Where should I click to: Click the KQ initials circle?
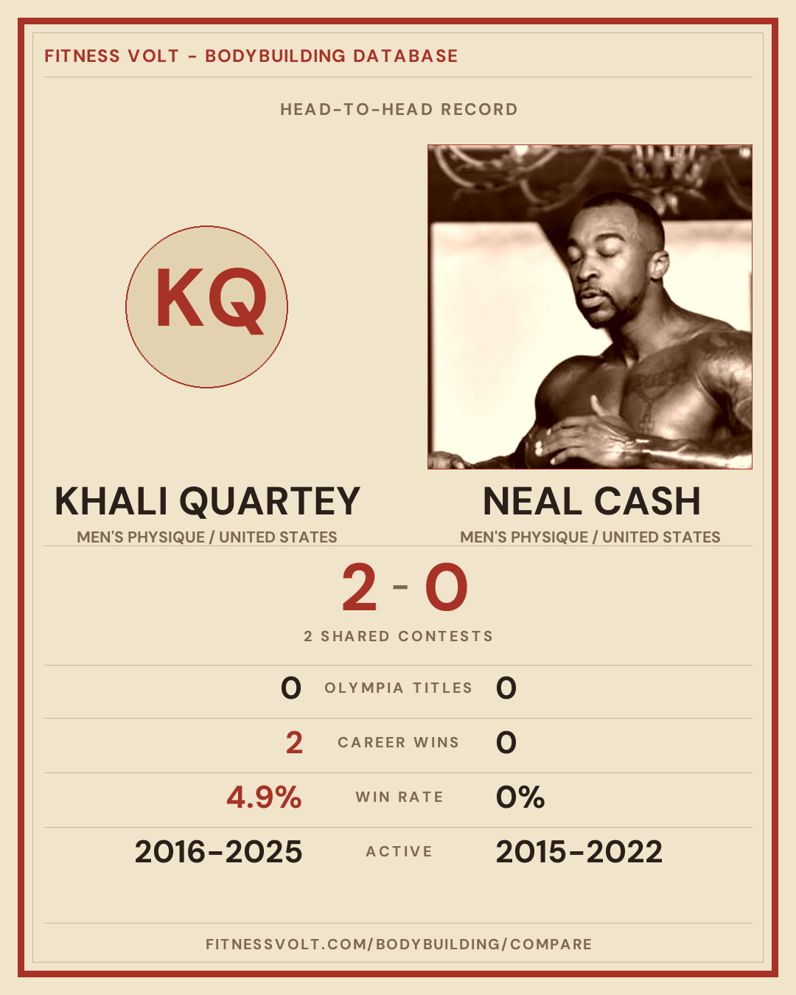pos(207,307)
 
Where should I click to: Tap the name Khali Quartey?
pos(207,502)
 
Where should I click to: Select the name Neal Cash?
pos(592,502)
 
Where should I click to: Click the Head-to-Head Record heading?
pos(399,110)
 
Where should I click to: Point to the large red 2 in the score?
pos(359,587)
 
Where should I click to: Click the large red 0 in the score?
pos(447,587)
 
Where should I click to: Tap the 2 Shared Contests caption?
pos(399,636)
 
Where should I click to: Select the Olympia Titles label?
pos(398,688)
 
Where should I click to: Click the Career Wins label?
pos(398,742)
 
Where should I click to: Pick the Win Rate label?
pos(399,797)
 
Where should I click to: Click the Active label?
pos(399,852)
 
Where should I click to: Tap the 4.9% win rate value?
pos(264,797)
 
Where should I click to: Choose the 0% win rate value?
pos(520,797)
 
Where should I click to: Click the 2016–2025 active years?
pos(218,852)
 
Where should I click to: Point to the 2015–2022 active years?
pos(579,852)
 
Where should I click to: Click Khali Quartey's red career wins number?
pos(294,742)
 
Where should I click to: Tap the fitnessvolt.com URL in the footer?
pos(399,944)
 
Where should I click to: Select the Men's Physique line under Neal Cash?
pos(590,537)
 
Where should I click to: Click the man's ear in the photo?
pos(658,265)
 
